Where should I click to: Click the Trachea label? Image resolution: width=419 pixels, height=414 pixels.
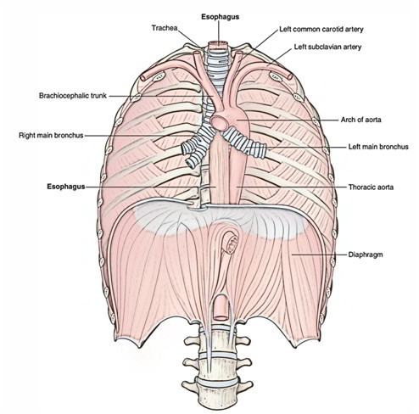pyautogui.click(x=165, y=28)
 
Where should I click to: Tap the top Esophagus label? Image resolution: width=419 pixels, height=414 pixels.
pyautogui.click(x=220, y=17)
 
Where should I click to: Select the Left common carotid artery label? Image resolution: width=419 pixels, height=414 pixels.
pyautogui.click(x=321, y=29)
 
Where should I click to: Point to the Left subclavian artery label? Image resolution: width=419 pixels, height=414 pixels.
pyautogui.click(x=327, y=47)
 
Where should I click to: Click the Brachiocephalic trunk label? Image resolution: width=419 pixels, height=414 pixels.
pyautogui.click(x=73, y=96)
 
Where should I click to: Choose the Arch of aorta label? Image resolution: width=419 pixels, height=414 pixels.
pyautogui.click(x=360, y=120)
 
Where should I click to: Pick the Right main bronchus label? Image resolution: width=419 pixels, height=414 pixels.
pyautogui.click(x=51, y=135)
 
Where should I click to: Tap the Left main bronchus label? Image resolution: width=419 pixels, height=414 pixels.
pyautogui.click(x=378, y=147)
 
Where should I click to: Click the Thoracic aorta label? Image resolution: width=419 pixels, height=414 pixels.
pyautogui.click(x=371, y=187)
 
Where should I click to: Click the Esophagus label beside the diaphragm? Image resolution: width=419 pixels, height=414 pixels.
pyautogui.click(x=66, y=187)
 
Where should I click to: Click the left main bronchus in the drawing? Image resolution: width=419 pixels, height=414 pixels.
pyautogui.click(x=245, y=142)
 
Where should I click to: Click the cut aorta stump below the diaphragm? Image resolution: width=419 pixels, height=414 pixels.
pyautogui.click(x=221, y=308)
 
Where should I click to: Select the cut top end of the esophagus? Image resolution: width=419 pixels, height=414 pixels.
pyautogui.click(x=218, y=43)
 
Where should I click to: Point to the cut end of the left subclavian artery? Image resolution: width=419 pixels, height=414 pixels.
pyautogui.click(x=290, y=75)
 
